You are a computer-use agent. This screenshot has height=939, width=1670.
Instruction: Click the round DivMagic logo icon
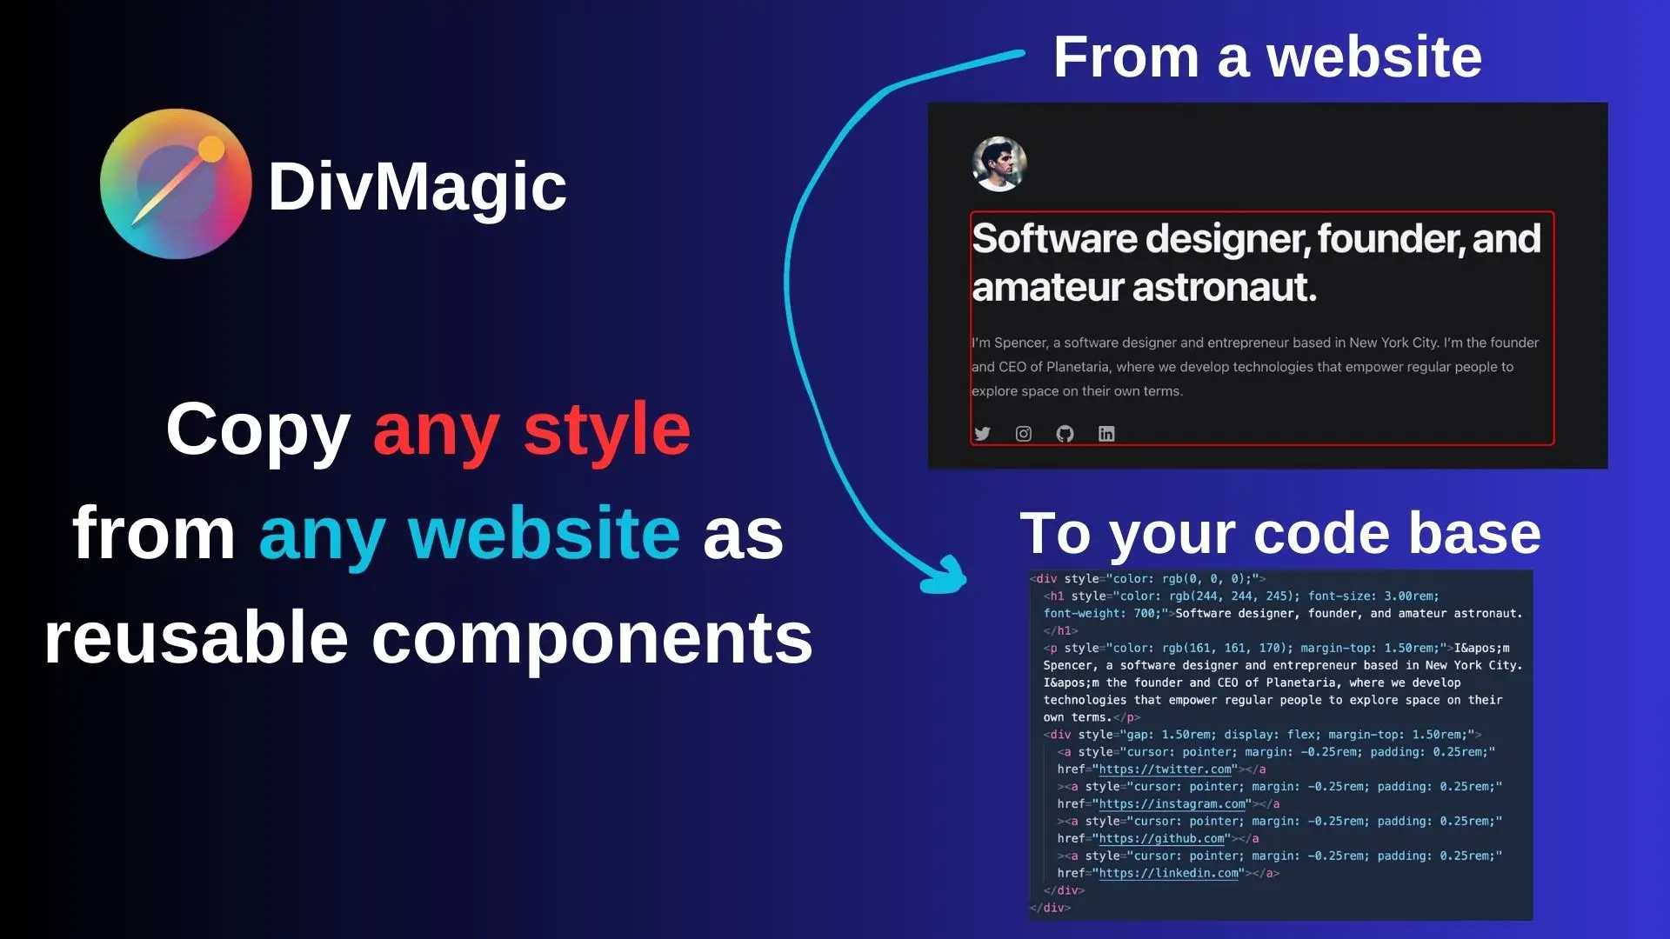(176, 183)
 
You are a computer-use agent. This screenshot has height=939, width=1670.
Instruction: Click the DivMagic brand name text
(417, 186)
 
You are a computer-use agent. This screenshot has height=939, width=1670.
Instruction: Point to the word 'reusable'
(197, 636)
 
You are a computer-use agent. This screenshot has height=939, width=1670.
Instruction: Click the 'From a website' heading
(1267, 57)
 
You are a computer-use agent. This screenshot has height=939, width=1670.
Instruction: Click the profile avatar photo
(999, 163)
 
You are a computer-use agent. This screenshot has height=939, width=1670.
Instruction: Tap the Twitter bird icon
(982, 433)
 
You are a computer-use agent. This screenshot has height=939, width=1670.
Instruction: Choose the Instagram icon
(1024, 433)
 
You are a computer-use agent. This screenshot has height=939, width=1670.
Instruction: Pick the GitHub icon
(1065, 433)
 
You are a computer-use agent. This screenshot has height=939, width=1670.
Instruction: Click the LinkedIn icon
(1106, 433)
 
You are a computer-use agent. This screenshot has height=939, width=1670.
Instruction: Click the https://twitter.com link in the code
(1166, 769)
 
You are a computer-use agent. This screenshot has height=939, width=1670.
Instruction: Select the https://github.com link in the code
(1162, 839)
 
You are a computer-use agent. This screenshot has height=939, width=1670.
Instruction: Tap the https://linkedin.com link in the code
(1169, 873)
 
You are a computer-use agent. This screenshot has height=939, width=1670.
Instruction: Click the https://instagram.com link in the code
(1172, 804)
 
